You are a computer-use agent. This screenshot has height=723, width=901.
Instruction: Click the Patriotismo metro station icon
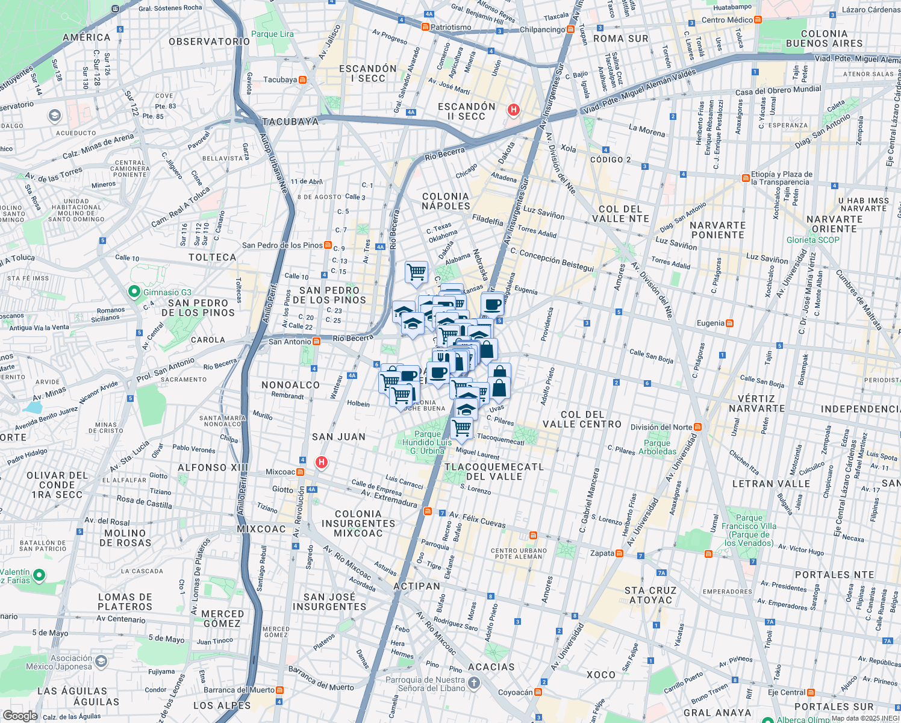click(425, 27)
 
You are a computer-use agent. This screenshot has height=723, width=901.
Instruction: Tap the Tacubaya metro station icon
click(302, 80)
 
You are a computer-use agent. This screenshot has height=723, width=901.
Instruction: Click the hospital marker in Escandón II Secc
click(513, 110)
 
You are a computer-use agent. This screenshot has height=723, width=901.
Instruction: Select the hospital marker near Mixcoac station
click(322, 462)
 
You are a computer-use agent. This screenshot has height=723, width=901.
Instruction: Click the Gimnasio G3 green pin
click(134, 292)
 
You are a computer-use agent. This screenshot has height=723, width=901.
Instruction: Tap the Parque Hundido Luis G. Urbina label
click(427, 442)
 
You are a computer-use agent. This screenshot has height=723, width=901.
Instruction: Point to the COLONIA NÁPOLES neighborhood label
click(446, 201)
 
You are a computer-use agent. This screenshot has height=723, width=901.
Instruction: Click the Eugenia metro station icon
click(729, 323)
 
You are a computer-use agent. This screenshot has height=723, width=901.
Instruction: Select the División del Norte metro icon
click(698, 427)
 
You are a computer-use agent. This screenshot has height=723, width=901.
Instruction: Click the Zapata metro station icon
click(620, 553)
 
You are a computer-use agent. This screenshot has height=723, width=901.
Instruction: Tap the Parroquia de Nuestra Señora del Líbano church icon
click(474, 683)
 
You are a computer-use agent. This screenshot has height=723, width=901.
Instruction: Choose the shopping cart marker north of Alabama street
click(416, 272)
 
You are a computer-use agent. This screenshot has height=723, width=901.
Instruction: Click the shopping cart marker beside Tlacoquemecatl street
click(462, 428)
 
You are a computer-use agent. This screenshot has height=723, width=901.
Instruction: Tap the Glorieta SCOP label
click(812, 240)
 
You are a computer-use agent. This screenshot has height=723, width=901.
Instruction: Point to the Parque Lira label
click(272, 34)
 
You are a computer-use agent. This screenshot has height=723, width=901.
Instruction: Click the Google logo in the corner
click(20, 715)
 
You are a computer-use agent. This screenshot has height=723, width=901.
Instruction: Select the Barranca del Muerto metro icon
click(279, 690)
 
